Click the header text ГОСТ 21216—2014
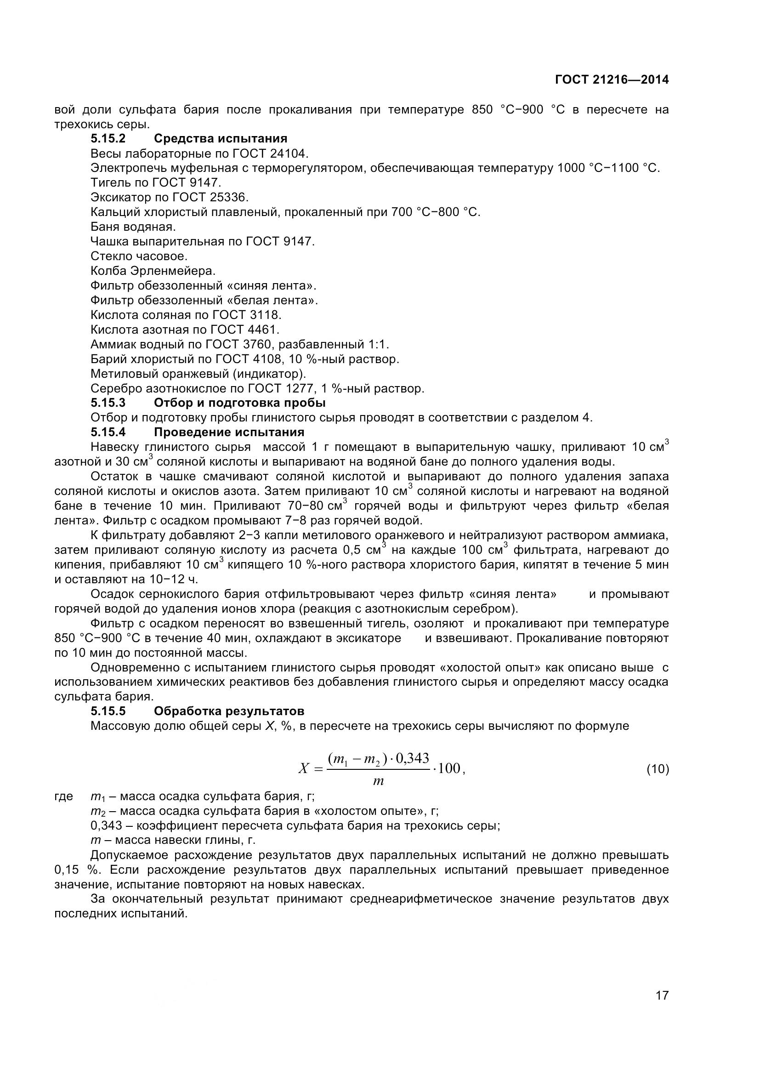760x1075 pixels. tap(612, 80)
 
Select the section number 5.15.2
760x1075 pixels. tap(108, 139)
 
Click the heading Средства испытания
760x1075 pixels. tap(221, 139)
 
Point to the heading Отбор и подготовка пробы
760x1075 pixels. tap(239, 403)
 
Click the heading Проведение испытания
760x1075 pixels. tap(229, 432)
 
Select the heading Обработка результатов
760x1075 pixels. tap(229, 711)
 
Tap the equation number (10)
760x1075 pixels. tap(658, 769)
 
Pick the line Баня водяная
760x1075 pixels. tap(133, 227)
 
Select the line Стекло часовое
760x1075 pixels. tap(138, 256)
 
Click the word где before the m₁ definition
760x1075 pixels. tap(64, 796)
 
